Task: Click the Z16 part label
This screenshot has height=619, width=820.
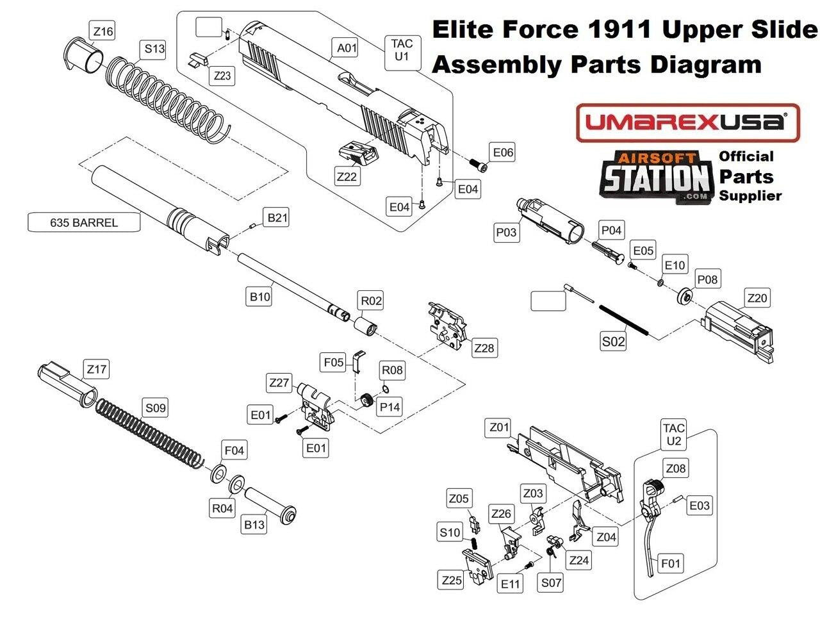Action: coord(103,31)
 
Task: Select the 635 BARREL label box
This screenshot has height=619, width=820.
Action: coord(84,223)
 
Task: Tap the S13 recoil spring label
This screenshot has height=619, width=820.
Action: coord(154,49)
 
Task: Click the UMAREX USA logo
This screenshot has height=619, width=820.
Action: coord(687,122)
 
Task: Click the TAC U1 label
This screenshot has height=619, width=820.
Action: coord(402,50)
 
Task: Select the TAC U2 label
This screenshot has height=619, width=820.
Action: coord(674,434)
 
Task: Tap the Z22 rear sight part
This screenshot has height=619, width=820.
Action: coord(357,153)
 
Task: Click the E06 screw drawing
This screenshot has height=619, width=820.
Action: coord(478,165)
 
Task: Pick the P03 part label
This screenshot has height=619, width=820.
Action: coord(506,233)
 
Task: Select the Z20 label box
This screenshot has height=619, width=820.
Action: coord(757,298)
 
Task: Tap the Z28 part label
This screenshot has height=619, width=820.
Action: coord(484,348)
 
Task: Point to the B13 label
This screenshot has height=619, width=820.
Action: coord(254,525)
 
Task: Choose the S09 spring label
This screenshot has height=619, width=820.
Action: coord(156,408)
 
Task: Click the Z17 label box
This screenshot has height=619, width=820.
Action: coord(97,369)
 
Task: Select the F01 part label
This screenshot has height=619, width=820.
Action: coord(671,564)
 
